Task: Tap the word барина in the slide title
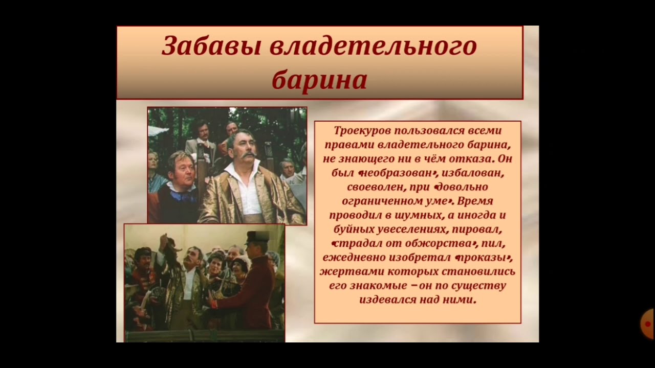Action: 319,80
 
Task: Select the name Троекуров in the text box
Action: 361,131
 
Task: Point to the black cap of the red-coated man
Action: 257,237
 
